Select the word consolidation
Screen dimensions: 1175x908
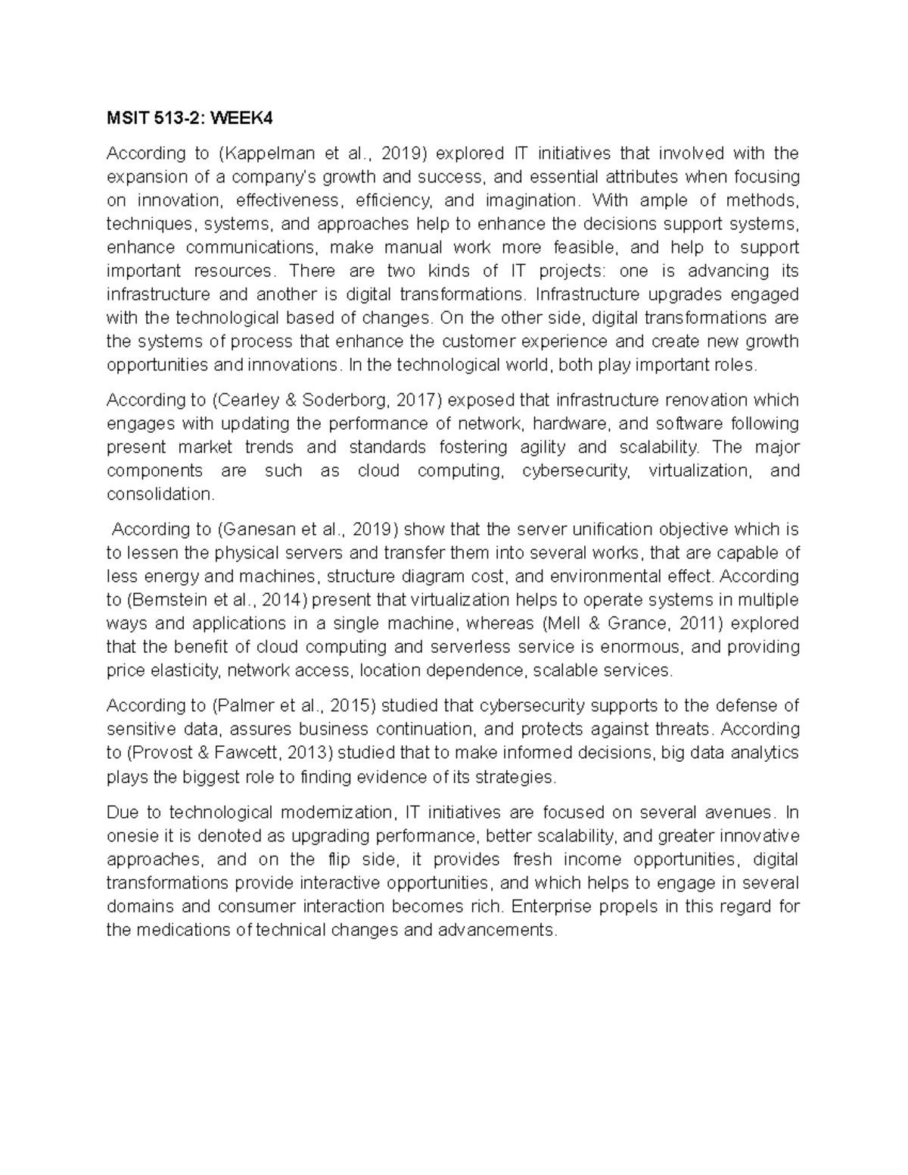click(x=160, y=494)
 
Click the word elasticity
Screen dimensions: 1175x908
click(x=185, y=670)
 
